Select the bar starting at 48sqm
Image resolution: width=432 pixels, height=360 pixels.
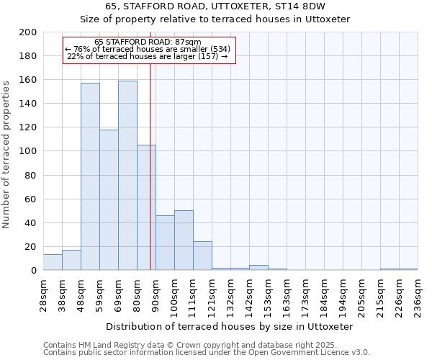tap(90, 176)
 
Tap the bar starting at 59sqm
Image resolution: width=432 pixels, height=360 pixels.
tap(109, 199)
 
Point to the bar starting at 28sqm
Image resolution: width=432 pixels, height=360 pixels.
tap(53, 262)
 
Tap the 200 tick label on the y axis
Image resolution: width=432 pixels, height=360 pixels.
tap(28, 32)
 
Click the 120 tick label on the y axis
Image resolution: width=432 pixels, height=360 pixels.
tap(28, 127)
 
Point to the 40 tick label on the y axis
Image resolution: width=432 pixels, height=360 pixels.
tap(31, 223)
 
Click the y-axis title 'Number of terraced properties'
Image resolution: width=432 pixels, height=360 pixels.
tap(6, 154)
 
